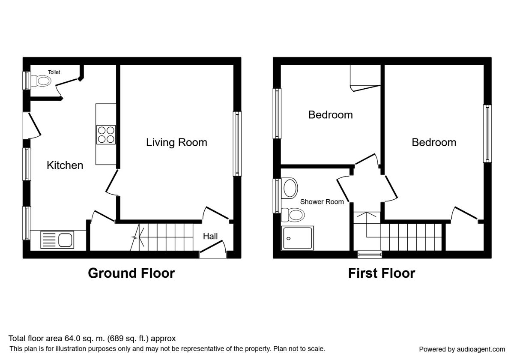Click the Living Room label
176,143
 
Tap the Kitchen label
65,165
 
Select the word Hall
210,236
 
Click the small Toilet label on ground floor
54,72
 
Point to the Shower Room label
322,202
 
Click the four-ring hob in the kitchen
106,135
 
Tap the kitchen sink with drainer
57,240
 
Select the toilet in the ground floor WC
41,81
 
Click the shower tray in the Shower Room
297,238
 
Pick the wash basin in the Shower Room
290,188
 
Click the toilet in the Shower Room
293,215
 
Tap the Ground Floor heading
131,273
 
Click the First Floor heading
382,273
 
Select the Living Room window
237,144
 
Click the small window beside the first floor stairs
370,255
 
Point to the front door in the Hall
213,246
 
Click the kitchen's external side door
32,126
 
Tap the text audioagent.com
481,349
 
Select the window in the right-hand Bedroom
487,134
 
